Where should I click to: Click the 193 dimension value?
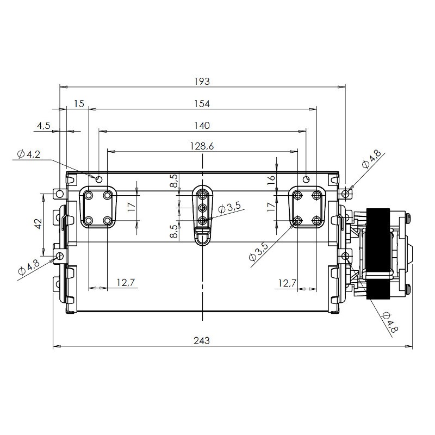click(x=202, y=82)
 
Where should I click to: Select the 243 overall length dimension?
click(x=202, y=340)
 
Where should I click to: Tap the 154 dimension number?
click(x=202, y=104)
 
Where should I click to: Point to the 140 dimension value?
click(x=202, y=126)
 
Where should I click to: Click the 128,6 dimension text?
click(x=202, y=146)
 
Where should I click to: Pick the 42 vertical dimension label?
click(x=38, y=224)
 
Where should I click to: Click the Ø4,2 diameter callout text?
click(x=29, y=154)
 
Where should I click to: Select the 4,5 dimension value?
click(x=43, y=126)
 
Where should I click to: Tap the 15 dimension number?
click(x=79, y=104)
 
